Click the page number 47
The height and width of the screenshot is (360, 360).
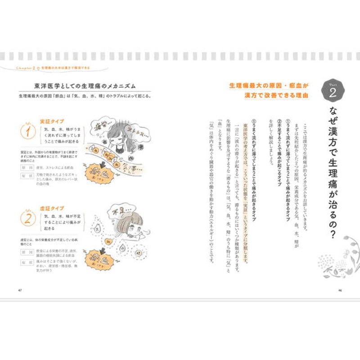19,289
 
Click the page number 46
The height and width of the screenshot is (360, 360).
340,289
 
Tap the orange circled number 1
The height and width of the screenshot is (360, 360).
28,134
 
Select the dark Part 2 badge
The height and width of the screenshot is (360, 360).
332,92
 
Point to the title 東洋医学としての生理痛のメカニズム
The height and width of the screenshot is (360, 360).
85,85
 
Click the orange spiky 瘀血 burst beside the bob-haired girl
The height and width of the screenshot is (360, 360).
103,258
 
